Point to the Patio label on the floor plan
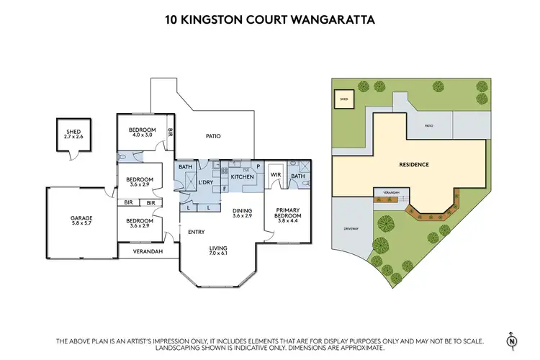(213, 136)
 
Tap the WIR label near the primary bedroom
(275, 174)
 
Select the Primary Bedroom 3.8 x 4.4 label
(287, 215)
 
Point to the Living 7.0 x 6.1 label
(217, 252)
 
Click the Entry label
(197, 232)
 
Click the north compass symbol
(512, 339)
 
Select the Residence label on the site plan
(414, 165)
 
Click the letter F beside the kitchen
(224, 189)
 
